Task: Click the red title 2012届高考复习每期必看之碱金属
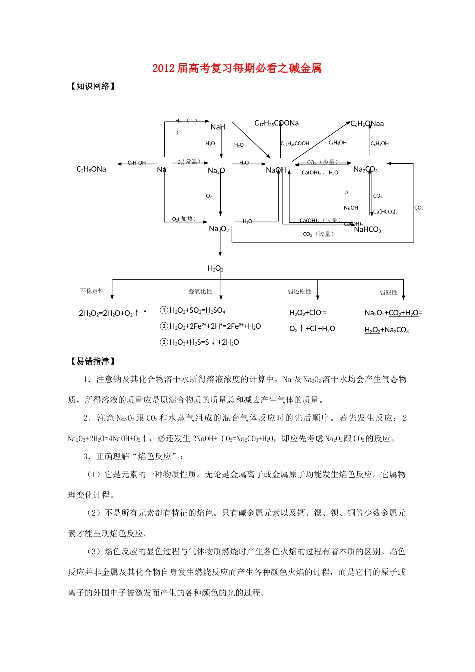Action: pos(237,68)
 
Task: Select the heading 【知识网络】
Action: pos(93,86)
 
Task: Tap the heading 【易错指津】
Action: pos(93,361)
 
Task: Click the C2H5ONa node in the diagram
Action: pos(91,169)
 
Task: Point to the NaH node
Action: pos(218,127)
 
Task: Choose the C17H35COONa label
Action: pos(276,123)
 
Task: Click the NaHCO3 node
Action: pos(367,230)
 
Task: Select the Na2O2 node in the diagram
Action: pos(219,229)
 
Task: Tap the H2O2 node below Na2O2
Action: pos(215,269)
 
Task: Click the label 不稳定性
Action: pos(92,291)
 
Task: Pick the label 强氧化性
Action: pos(200,291)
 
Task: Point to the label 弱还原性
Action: pos(299,291)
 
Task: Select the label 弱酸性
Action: pos(388,292)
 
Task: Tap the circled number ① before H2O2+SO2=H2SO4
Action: pos(164,310)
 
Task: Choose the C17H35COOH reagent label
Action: pos(295,144)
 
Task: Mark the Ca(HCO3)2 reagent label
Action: pos(385,212)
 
